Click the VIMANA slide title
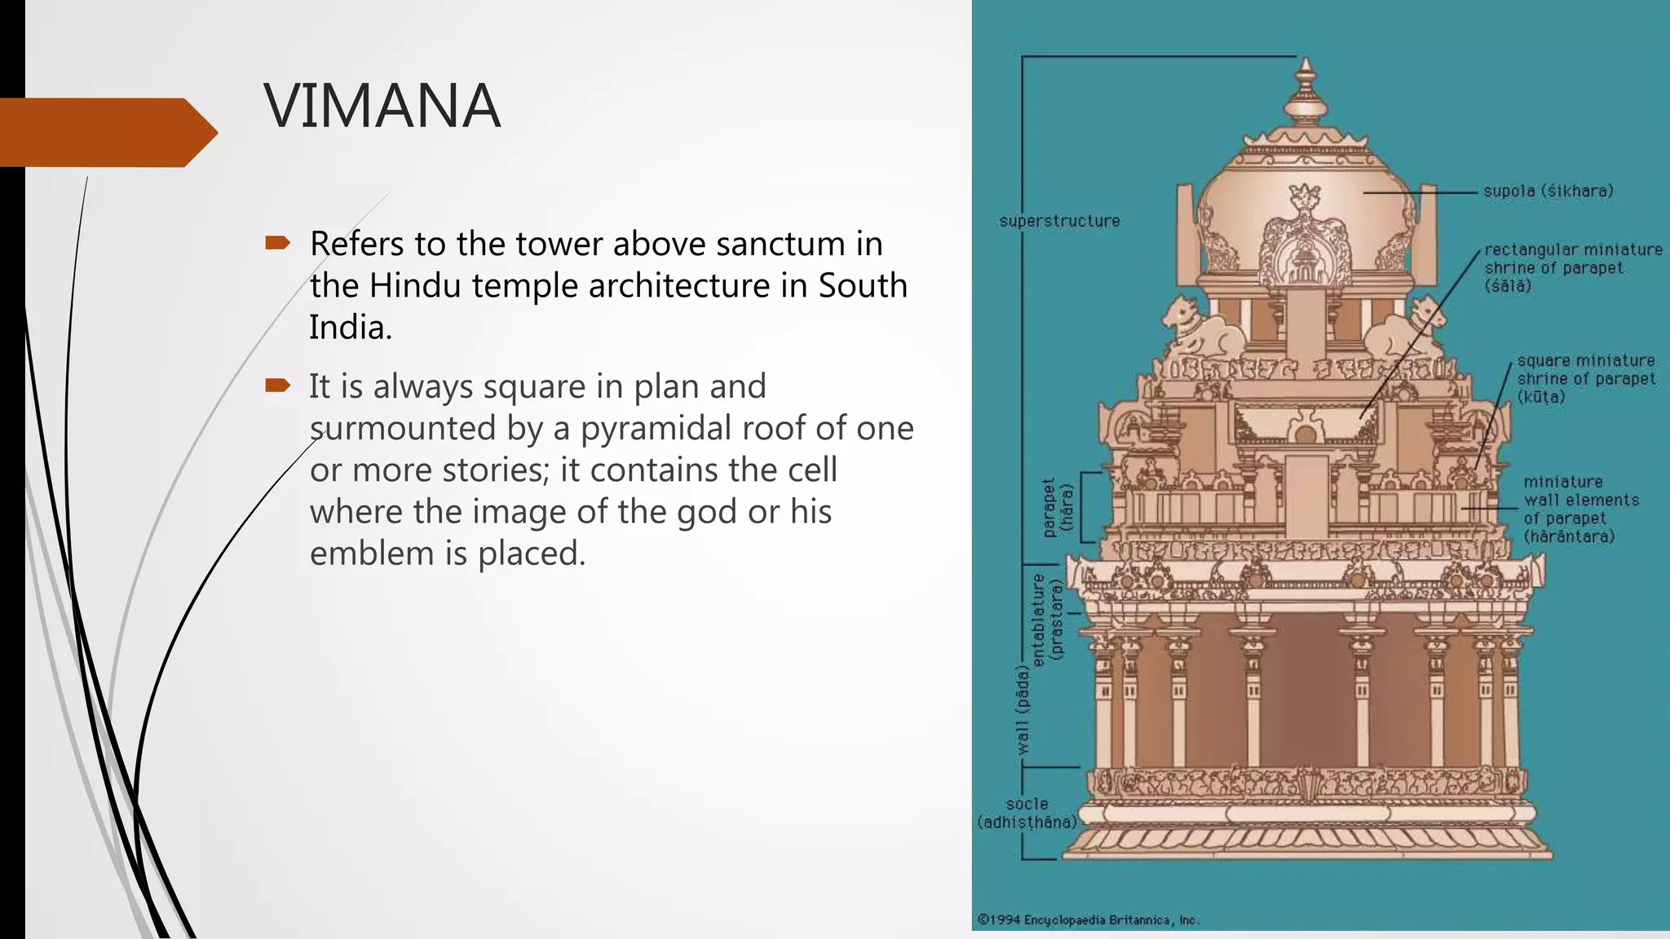[382, 106]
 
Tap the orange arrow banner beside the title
[106, 132]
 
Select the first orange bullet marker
[277, 242]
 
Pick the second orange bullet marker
[277, 385]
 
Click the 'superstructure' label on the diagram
[1059, 221]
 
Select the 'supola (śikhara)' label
[1548, 192]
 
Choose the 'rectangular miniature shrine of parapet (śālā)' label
[1572, 267]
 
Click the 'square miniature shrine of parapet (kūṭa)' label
[1585, 379]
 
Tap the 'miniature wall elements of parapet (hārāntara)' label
[1580, 509]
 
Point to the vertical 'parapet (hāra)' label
[1058, 507]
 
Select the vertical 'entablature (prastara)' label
[1047, 619]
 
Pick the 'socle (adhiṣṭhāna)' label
[1027, 813]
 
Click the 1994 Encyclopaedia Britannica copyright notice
[1087, 920]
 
